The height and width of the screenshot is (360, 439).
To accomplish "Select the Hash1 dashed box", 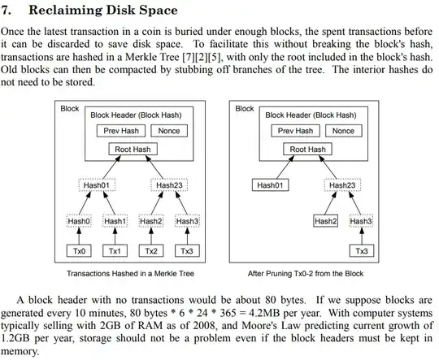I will tap(115, 221).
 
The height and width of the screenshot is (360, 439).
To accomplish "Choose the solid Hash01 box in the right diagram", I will tap(272, 185).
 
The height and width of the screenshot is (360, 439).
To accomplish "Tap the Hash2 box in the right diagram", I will tap(326, 221).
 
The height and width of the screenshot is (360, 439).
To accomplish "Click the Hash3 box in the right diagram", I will tap(361, 221).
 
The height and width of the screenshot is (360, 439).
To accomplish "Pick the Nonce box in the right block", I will tap(343, 131).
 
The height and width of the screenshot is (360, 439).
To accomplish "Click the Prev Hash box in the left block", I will tap(119, 131).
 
